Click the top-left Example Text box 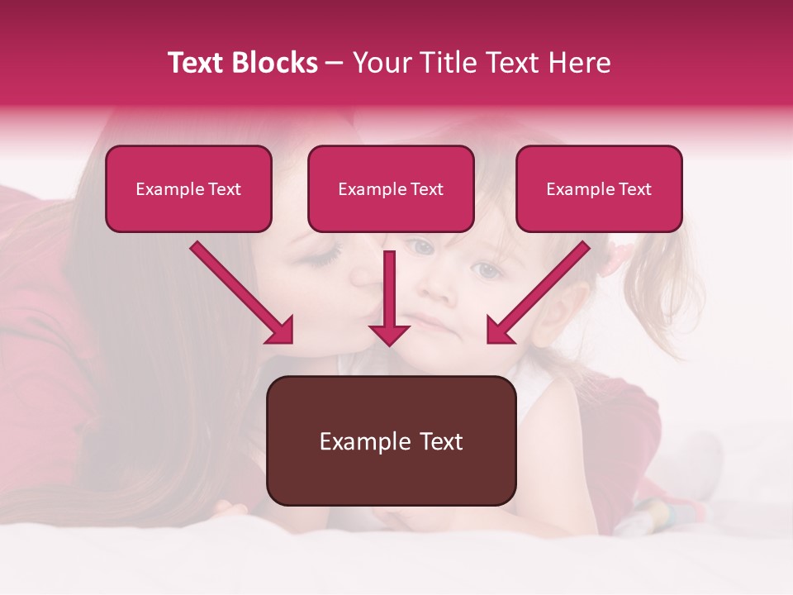coord(188,188)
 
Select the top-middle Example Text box coord(391,188)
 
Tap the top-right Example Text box coord(599,188)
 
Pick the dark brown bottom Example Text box coord(391,440)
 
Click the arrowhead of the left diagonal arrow coord(281,331)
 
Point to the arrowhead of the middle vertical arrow coord(389,334)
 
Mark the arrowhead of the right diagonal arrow coord(500,331)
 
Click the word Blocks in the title coord(273,63)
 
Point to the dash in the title coord(335,63)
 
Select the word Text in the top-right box coord(635,189)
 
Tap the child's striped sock coord(661,512)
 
